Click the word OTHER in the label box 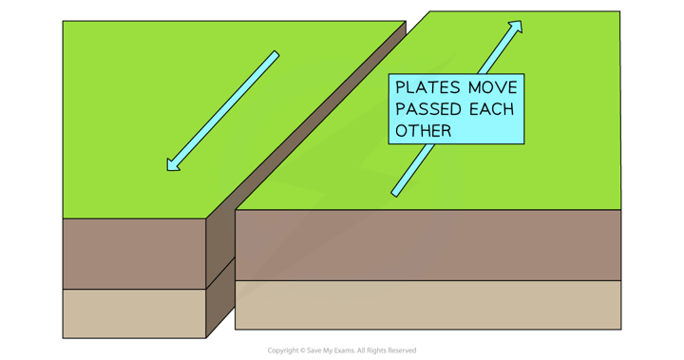coord(423,130)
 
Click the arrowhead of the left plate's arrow coord(172,165)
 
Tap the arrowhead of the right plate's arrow coord(516,27)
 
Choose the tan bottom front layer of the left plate coord(133,313)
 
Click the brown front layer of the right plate coord(427,245)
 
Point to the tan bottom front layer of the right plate coord(427,304)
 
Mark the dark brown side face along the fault coord(219,275)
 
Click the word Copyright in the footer coord(283,350)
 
